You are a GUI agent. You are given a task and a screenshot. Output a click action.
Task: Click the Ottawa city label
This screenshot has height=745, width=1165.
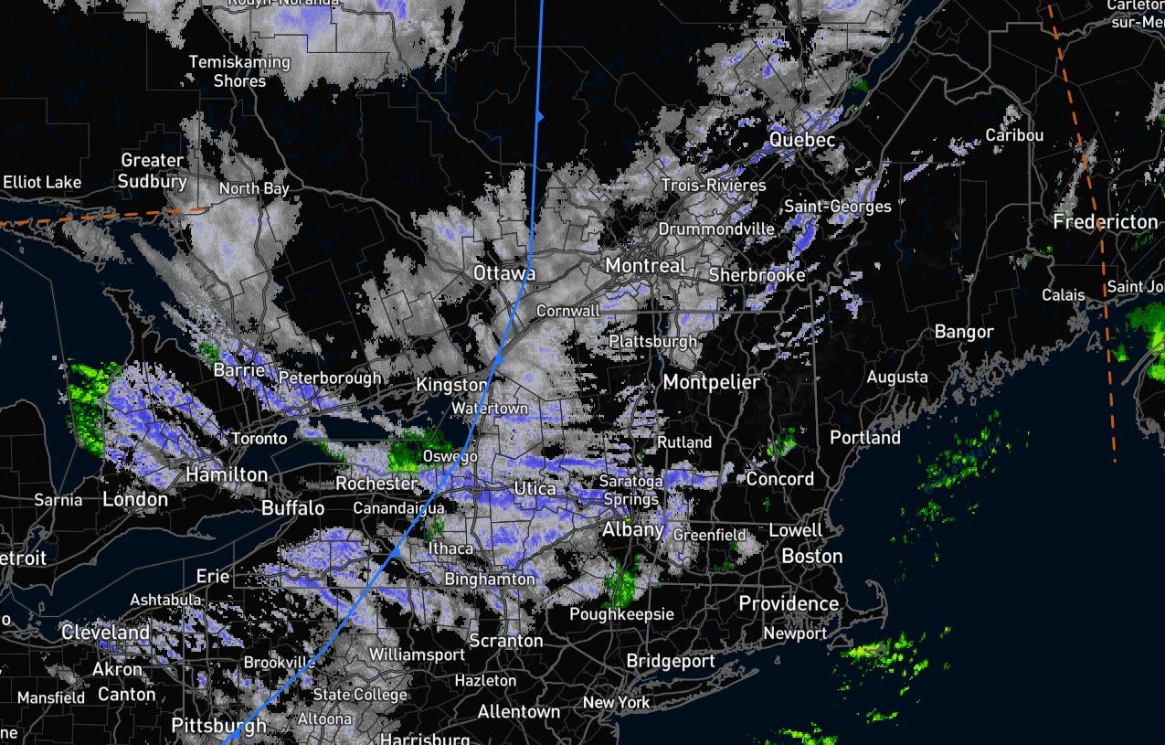point(503,273)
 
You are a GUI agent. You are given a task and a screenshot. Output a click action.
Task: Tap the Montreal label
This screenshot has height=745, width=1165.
point(645,265)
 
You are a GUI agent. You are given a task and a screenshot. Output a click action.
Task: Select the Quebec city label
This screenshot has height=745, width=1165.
point(802,140)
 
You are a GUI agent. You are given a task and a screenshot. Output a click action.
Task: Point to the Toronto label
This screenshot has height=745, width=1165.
point(259,439)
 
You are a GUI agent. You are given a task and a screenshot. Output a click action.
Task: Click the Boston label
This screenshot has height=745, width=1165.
point(811,556)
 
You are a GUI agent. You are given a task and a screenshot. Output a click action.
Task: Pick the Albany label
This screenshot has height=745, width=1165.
point(632,530)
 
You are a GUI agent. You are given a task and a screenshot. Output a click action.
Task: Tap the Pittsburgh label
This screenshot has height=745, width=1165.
point(219,726)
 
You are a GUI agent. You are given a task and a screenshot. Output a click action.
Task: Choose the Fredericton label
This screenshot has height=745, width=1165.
point(1105,222)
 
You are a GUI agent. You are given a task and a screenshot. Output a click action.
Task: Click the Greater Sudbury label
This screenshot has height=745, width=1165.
point(153,171)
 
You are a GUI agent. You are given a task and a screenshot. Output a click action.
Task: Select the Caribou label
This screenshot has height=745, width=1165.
point(1014,135)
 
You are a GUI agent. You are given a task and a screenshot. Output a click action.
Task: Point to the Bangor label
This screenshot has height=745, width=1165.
point(963,332)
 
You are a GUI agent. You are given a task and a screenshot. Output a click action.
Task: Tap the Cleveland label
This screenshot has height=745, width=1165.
point(105,633)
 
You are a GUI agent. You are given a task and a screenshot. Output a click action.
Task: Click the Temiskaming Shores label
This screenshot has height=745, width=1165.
point(239,71)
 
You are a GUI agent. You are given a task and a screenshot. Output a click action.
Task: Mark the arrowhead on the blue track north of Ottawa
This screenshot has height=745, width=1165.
point(540,116)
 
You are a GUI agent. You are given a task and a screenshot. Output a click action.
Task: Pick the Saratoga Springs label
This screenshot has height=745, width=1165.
point(630,490)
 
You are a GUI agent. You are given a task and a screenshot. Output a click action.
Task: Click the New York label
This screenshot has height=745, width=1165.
point(617,702)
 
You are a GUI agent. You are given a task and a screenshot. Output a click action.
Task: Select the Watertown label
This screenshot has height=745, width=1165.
point(490,408)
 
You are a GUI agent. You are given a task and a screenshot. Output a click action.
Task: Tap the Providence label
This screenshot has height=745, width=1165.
point(789,603)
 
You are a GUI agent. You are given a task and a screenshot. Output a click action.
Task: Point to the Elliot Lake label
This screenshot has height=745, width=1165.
point(42,182)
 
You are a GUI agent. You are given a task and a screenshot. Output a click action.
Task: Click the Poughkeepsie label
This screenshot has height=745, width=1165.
point(621,614)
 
